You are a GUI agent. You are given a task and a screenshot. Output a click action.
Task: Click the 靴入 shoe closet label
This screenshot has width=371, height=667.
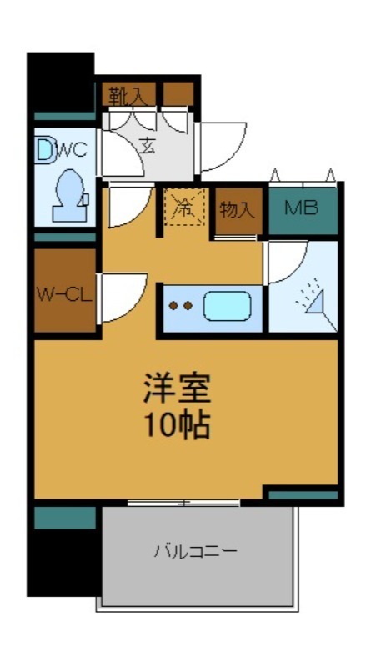[128, 94]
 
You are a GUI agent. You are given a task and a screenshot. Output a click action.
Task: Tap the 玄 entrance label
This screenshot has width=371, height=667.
[148, 146]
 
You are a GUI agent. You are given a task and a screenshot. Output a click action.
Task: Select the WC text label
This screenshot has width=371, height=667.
[72, 151]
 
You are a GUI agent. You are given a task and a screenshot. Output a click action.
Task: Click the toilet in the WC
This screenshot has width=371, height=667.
[67, 194]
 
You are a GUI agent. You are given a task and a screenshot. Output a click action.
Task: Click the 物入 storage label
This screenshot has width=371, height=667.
[237, 209]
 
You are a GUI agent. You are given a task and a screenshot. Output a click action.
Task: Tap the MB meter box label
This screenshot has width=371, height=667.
[302, 208]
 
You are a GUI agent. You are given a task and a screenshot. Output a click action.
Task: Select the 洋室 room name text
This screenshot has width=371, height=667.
[175, 388]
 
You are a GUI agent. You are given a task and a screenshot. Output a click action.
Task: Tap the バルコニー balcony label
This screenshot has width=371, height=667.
[195, 551]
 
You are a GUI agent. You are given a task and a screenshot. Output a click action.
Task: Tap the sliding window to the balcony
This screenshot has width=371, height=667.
[183, 503]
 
